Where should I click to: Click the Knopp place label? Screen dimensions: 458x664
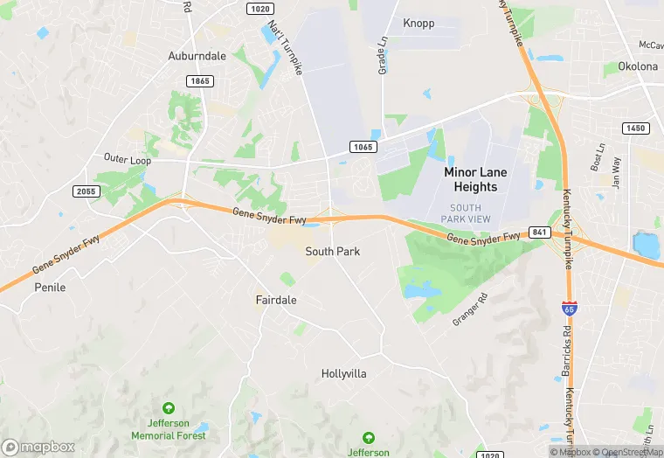pyautogui.click(x=418, y=23)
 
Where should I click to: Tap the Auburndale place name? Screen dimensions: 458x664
pyautogui.click(x=197, y=56)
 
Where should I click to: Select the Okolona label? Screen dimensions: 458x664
pyautogui.click(x=637, y=66)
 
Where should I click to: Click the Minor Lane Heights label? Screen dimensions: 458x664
pyautogui.click(x=475, y=179)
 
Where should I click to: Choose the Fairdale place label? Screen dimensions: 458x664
pyautogui.click(x=276, y=300)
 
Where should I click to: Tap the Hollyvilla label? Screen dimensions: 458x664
pyautogui.click(x=344, y=373)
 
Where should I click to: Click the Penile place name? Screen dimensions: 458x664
pyautogui.click(x=50, y=287)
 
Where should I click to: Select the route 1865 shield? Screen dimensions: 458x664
pyautogui.click(x=199, y=80)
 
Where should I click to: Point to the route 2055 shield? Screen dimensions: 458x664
pyautogui.click(x=86, y=191)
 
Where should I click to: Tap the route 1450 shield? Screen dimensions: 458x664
pyautogui.click(x=636, y=128)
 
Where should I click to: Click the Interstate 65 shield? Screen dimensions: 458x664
pyautogui.click(x=569, y=308)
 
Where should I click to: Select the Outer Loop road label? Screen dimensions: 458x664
pyautogui.click(x=127, y=161)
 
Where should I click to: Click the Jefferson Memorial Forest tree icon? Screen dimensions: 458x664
pyautogui.click(x=169, y=408)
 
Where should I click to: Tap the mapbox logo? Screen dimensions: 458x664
pyautogui.click(x=38, y=447)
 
